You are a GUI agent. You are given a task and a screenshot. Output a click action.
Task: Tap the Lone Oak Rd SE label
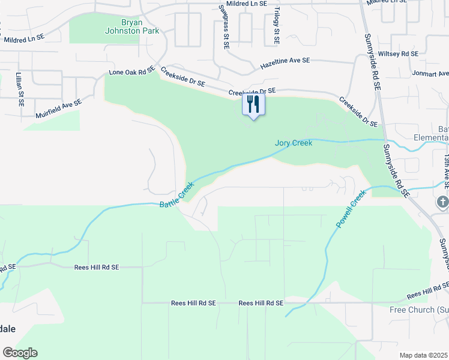coord(131,72)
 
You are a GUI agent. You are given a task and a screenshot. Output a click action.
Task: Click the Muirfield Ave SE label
coord(58,108)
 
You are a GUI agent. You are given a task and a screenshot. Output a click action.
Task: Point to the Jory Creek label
coord(294,143)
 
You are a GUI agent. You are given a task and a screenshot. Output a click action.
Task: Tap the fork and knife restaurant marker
coord(253,104)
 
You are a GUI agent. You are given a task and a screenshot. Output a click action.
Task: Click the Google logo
coord(20,353)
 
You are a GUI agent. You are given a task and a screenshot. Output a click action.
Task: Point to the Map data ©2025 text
coord(423,355)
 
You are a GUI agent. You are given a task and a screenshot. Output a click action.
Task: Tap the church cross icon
coord(443,202)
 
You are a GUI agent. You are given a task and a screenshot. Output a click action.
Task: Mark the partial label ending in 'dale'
coord(7,329)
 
